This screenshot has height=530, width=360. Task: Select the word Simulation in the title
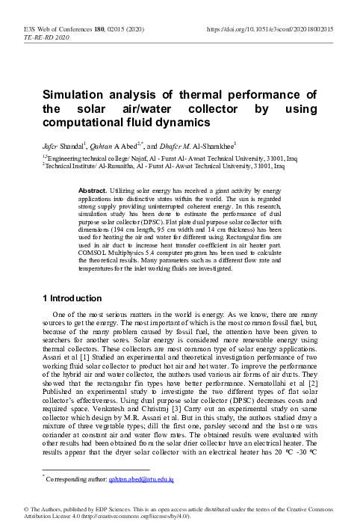76,94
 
